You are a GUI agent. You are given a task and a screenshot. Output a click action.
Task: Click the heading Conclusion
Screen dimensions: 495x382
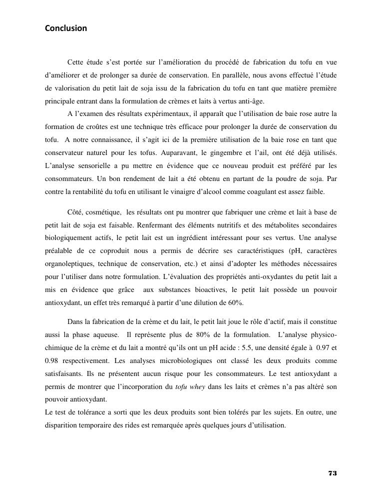(66, 28)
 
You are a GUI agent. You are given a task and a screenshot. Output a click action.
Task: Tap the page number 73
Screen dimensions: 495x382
(333, 473)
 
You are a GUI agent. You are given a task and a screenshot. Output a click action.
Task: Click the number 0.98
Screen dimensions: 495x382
(53, 360)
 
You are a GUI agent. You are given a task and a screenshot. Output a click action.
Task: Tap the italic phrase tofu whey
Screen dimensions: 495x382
(190, 386)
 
